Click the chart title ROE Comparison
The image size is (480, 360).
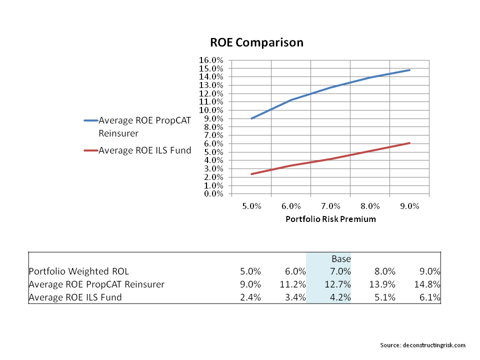coord(256,42)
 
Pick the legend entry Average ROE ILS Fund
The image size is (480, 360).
coord(145,150)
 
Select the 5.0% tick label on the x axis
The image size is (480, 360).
coord(251,206)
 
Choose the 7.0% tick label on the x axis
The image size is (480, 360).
coord(330,206)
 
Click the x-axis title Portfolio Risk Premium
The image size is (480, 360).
coord(330,219)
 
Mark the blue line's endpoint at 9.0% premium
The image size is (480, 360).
coord(410,70)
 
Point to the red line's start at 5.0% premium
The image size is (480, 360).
coord(251,174)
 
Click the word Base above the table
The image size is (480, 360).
coord(341,259)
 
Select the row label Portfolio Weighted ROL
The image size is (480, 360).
coord(79,271)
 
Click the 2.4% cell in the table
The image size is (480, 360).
coord(250,297)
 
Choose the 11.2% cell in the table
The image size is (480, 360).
coord(293,284)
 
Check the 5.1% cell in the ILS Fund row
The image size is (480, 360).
coord(384,297)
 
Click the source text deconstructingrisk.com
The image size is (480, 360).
coord(423,345)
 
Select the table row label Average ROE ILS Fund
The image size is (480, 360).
coord(75,297)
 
